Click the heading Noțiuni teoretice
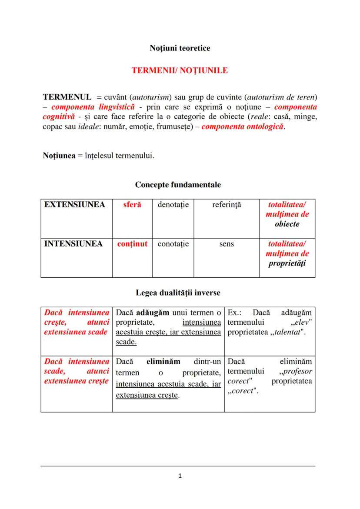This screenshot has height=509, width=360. click(180, 48)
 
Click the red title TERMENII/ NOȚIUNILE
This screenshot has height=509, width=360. click(180, 70)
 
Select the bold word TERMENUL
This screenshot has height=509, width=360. click(67, 96)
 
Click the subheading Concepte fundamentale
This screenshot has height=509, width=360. click(178, 185)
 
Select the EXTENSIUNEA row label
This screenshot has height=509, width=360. click(74, 205)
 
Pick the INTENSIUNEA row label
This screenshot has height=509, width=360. click(73, 244)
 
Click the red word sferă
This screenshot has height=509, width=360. click(132, 205)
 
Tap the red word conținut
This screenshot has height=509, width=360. click(132, 244)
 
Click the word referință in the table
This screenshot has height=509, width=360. click(227, 205)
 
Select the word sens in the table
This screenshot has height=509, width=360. click(227, 244)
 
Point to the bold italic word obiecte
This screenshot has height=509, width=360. click(287, 224)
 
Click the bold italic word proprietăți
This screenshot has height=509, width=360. click(287, 263)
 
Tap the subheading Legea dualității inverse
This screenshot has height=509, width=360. click(178, 293)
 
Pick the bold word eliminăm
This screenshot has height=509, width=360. click(163, 362)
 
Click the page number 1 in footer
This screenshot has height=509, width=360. click(180, 476)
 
